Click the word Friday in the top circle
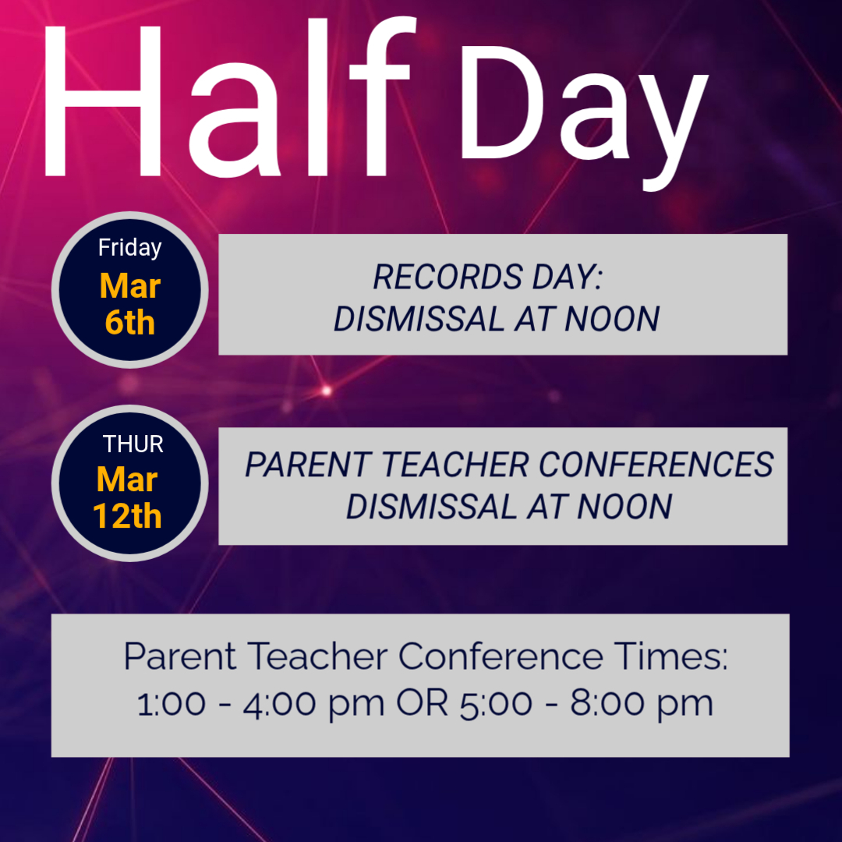(x=130, y=248)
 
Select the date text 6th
(x=130, y=322)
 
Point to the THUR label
(x=133, y=444)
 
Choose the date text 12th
(x=127, y=516)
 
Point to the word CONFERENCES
(x=656, y=465)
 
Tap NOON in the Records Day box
(x=612, y=319)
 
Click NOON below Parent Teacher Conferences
(x=624, y=507)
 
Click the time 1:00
(x=172, y=703)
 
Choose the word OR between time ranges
(x=422, y=703)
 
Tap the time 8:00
(x=606, y=703)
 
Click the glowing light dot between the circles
(x=326, y=391)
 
